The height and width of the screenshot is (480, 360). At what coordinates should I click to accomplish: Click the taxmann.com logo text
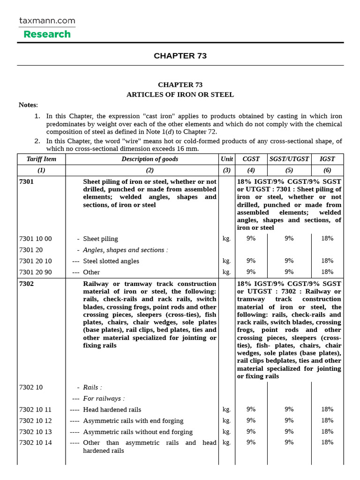47,21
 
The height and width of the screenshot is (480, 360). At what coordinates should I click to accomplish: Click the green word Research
47,34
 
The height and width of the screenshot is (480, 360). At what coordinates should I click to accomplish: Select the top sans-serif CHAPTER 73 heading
180,56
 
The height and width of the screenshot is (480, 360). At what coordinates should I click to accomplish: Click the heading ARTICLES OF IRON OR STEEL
180,95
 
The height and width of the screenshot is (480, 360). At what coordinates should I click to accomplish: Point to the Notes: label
28,105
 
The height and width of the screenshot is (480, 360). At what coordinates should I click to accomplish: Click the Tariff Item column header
41,159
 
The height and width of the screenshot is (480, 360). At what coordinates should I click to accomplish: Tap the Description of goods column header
150,159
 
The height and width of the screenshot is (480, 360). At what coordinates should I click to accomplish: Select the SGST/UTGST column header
289,159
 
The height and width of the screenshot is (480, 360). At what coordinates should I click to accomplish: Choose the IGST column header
327,159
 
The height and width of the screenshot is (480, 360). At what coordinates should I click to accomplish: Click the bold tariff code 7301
26,181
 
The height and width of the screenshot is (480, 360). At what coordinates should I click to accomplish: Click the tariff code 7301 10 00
35,239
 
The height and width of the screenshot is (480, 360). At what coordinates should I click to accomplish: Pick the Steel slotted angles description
111,261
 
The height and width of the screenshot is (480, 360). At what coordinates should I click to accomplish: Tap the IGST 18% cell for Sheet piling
327,238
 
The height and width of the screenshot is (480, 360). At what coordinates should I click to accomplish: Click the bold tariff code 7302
26,284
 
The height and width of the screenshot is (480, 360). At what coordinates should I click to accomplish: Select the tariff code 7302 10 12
35,420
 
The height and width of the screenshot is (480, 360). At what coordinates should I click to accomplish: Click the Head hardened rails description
112,410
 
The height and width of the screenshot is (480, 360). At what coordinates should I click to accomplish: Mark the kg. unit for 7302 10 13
227,431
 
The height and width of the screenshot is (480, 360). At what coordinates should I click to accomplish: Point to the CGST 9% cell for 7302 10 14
251,442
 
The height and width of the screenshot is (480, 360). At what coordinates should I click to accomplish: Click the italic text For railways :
104,398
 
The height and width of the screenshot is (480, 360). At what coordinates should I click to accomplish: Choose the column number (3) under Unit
227,171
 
